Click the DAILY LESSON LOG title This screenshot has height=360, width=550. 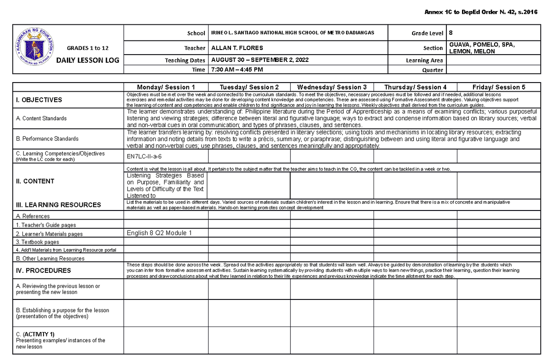[87, 60]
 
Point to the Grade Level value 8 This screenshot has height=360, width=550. [451, 33]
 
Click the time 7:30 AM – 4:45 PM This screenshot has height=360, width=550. [236, 70]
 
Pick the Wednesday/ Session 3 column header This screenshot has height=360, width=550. [332, 87]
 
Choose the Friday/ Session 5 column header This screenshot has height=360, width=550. [499, 87]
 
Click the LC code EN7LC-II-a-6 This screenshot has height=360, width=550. [144, 156]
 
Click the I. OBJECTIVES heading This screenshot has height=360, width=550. [39, 100]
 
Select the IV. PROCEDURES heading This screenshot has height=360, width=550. [41, 271]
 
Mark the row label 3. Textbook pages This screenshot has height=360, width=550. [37, 242]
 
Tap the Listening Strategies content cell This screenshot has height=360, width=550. [165, 185]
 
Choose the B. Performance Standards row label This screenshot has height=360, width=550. [47, 138]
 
